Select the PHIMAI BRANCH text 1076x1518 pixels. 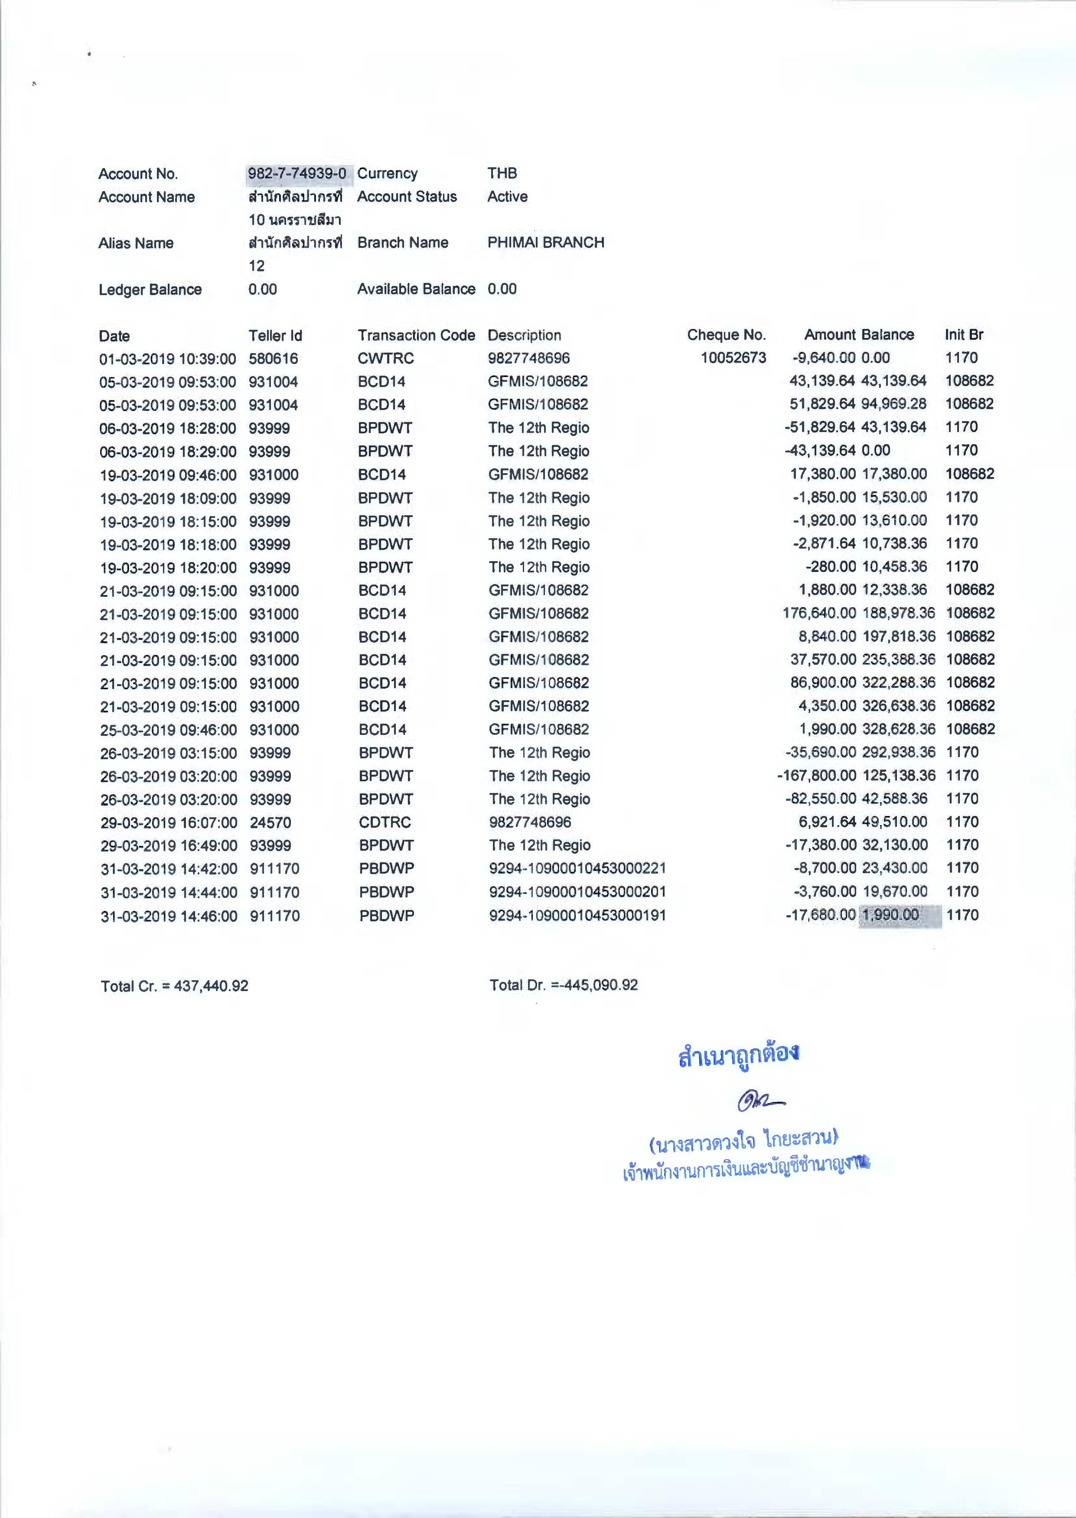[545, 242]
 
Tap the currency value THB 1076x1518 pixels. [502, 173]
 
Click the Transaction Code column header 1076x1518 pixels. [416, 335]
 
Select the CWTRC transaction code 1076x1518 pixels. [385, 358]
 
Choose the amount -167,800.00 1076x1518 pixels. [816, 776]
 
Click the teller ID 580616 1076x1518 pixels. [273, 358]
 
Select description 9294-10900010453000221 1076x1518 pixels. [577, 868]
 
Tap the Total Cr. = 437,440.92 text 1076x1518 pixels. [174, 985]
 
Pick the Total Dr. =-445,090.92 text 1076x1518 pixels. [563, 985]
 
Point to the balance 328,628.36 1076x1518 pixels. [898, 729]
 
